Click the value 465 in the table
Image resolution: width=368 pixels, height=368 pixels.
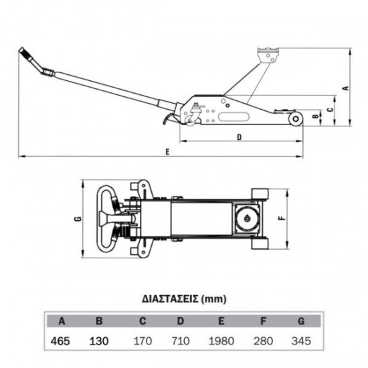pos(60,341)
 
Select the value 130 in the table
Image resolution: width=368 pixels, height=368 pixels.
pos(99,341)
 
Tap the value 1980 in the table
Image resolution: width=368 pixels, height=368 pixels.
pos(221,341)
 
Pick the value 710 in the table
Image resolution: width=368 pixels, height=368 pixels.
pos(181,341)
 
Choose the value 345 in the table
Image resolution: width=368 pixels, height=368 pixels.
pos(301,341)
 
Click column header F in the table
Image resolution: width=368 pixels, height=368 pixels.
pos(264,320)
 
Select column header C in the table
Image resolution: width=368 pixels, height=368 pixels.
pos(143,320)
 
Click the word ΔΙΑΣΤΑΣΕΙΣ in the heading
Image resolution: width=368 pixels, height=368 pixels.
pos(170,299)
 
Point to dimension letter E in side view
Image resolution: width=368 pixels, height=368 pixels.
pos(167,152)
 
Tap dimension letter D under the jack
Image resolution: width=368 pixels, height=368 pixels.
pos(239,137)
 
